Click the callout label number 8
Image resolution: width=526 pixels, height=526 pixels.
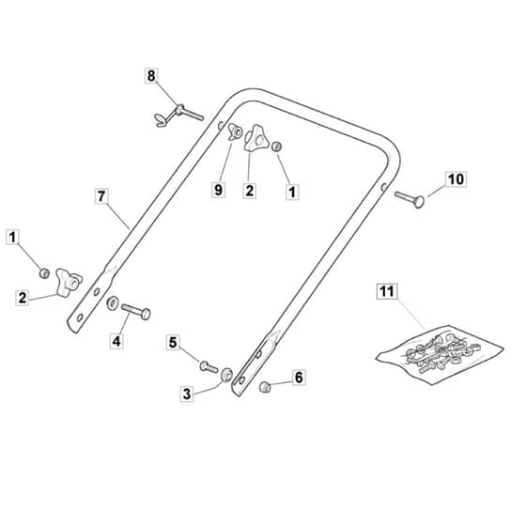coord(151,75)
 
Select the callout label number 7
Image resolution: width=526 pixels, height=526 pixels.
coord(101,196)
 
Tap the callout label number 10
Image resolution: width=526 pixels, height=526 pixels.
coord(456,178)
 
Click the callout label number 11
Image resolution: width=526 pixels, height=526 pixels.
coord(387,291)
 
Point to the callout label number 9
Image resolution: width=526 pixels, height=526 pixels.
coord(218,190)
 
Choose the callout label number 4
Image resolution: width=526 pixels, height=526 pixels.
coord(116,341)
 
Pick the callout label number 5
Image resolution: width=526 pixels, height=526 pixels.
coord(173,343)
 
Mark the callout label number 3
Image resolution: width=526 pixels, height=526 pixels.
coord(187,394)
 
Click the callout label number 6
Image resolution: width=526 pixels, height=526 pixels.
coord(299,377)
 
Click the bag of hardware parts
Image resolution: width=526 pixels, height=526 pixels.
coord(440,356)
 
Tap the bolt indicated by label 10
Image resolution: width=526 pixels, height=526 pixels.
coord(410,199)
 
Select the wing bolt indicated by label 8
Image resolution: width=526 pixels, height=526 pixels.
coord(179,115)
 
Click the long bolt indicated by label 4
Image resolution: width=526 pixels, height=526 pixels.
coord(136,311)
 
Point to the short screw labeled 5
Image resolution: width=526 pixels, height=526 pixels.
coord(209,366)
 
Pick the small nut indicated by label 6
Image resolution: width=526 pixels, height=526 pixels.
coord(265,387)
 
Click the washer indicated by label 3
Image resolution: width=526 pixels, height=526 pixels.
coord(226,375)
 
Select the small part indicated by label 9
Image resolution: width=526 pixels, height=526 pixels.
coord(235,131)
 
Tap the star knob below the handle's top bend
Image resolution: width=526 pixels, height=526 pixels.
coord(256,138)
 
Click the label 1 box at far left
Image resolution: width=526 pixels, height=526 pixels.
coord(12,237)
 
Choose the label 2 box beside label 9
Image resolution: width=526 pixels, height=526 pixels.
coord(249,191)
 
